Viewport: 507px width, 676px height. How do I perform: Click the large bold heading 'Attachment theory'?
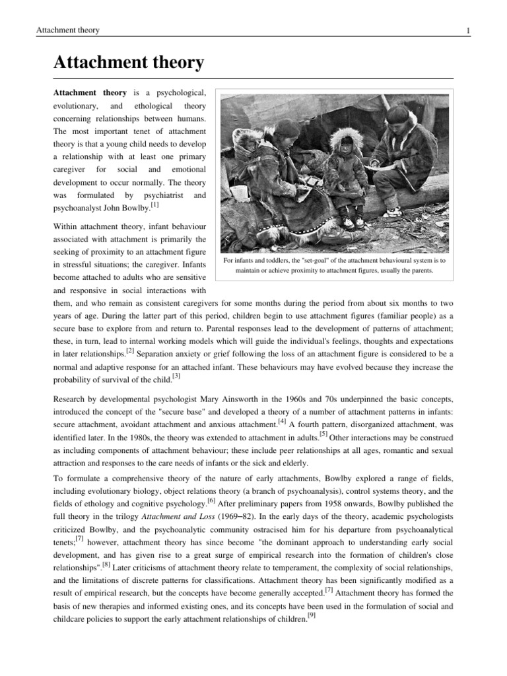[128, 63]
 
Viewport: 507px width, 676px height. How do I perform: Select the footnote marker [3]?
[176, 376]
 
